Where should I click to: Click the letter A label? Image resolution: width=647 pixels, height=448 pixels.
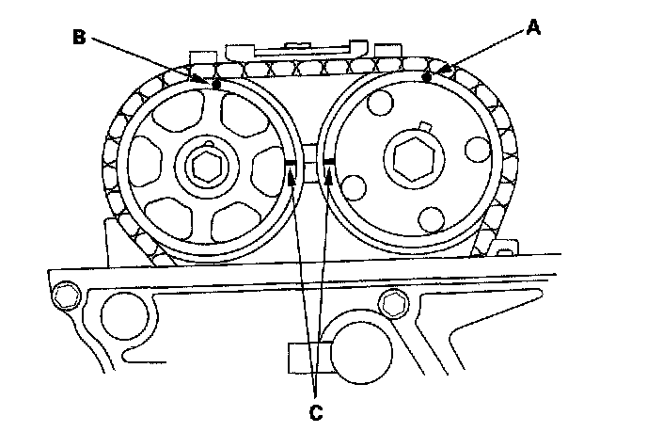533,27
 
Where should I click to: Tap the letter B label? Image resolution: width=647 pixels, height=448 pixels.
79,38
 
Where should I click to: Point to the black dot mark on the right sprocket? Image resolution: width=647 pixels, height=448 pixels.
427,79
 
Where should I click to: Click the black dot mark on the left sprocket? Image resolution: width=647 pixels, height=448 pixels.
217,84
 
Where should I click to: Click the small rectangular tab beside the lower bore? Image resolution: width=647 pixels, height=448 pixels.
301,357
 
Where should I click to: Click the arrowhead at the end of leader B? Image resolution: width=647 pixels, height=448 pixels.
206,81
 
